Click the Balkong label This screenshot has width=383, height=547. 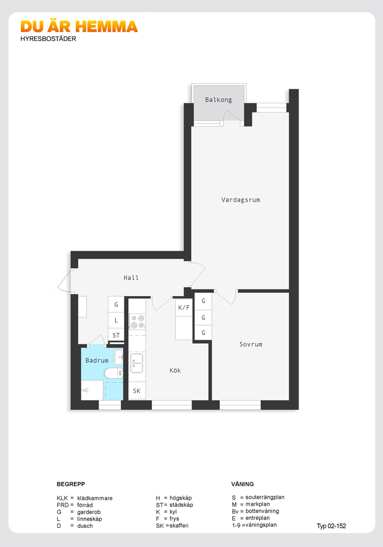(x=219, y=100)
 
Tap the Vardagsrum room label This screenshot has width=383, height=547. (x=241, y=200)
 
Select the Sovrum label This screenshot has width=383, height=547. (x=251, y=344)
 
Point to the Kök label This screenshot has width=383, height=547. (x=175, y=370)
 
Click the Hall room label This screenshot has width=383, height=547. (x=131, y=278)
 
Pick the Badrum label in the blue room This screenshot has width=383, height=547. (x=97, y=360)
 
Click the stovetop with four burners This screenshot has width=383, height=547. (x=137, y=322)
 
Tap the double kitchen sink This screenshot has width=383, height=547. (x=137, y=363)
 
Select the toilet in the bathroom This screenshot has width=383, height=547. (x=114, y=373)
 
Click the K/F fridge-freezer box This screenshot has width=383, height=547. (x=184, y=308)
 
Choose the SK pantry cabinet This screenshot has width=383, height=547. (x=137, y=391)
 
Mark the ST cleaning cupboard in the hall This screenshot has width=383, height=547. (x=116, y=335)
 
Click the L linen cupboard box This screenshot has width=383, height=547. (x=116, y=320)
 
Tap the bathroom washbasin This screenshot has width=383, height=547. (x=119, y=357)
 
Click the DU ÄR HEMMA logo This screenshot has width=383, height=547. (x=79, y=27)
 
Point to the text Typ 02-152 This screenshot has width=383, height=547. (x=331, y=526)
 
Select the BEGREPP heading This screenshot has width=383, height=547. (x=71, y=484)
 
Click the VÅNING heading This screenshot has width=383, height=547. (x=243, y=484)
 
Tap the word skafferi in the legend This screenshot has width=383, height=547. (x=179, y=525)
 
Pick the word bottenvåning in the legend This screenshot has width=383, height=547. (x=262, y=511)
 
